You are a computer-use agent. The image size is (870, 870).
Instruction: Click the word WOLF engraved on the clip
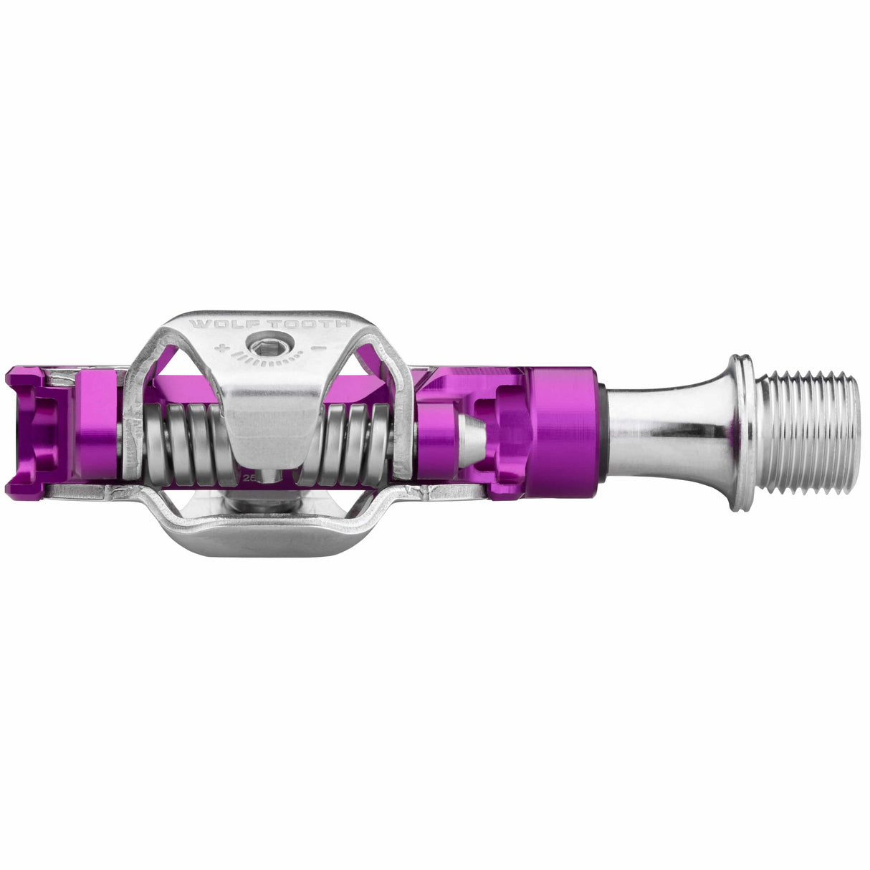(x=214, y=324)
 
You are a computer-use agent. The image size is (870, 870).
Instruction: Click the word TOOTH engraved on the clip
(x=321, y=324)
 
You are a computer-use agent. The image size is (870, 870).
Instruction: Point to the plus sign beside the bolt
(x=228, y=349)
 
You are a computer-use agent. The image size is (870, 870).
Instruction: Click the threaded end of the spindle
(x=806, y=434)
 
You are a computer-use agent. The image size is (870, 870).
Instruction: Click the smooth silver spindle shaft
(x=666, y=433)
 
